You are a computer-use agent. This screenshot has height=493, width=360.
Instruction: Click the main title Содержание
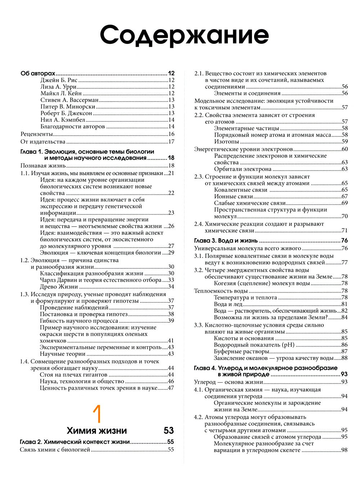pos(184,35)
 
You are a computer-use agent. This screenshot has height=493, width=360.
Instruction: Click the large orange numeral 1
pos(97,414)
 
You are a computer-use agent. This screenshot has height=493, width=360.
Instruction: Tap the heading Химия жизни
pos(97,430)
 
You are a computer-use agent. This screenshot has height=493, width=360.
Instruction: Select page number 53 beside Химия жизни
pos(168,430)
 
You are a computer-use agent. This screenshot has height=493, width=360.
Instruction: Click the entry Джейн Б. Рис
pos(59,80)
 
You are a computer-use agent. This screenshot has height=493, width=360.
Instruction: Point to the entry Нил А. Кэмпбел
pos(62,120)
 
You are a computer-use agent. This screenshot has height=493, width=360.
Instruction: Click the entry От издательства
pos(43,141)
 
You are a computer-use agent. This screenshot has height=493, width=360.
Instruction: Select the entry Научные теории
pos(62,354)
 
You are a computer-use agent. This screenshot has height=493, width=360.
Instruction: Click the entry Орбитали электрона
pos(243,169)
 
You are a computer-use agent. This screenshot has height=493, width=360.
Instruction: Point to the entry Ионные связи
pos(234,196)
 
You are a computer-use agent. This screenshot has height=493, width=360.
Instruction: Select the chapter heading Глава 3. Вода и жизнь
pos(226,241)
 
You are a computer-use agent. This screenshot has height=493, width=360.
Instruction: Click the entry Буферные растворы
pos(241,352)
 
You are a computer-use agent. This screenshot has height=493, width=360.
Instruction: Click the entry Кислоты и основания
pos(244,338)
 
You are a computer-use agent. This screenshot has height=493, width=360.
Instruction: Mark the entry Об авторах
pos(38,73)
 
